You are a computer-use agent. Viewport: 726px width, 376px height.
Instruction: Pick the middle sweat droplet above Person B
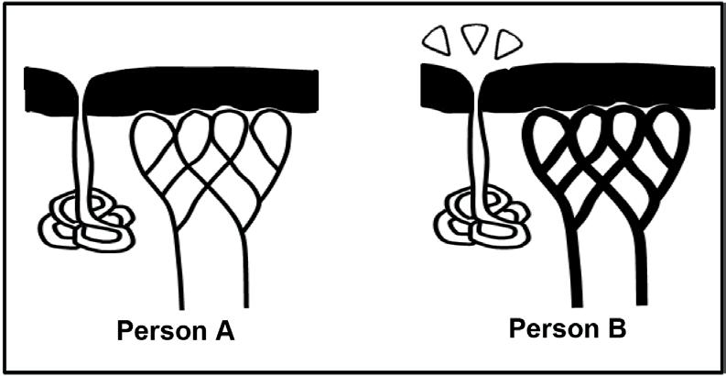(x=474, y=38)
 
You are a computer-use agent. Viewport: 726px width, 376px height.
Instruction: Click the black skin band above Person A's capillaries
(x=211, y=87)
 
